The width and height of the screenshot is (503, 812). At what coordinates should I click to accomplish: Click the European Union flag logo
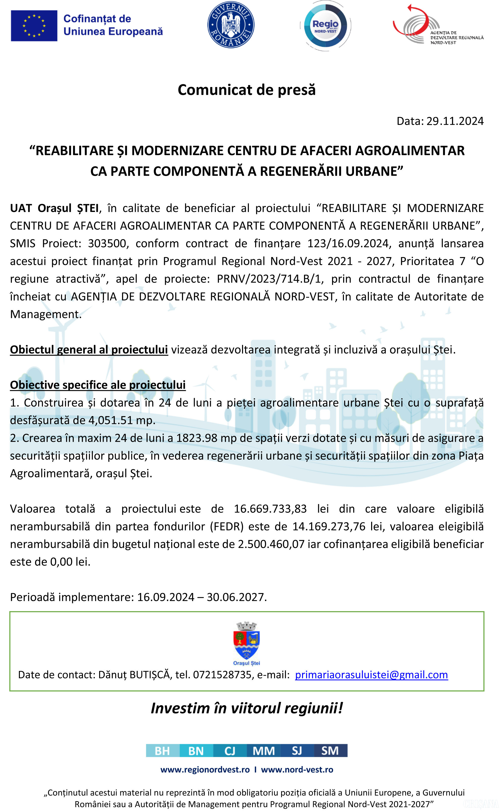(x=34, y=26)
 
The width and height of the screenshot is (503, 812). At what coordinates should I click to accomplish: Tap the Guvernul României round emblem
(x=231, y=25)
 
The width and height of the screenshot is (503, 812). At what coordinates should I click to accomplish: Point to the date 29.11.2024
(x=455, y=121)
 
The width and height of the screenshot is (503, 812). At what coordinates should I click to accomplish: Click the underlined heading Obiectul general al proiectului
(x=89, y=350)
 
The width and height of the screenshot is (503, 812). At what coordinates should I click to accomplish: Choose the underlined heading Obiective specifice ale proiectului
(x=98, y=385)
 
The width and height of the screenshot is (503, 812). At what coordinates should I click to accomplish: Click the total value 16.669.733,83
(x=270, y=509)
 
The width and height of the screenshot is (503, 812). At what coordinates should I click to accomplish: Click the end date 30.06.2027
(x=236, y=597)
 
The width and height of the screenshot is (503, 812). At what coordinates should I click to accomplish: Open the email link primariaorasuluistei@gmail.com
(x=371, y=675)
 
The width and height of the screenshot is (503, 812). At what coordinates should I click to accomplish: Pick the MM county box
(x=264, y=751)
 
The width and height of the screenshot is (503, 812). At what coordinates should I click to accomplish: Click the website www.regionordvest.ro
(x=205, y=769)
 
